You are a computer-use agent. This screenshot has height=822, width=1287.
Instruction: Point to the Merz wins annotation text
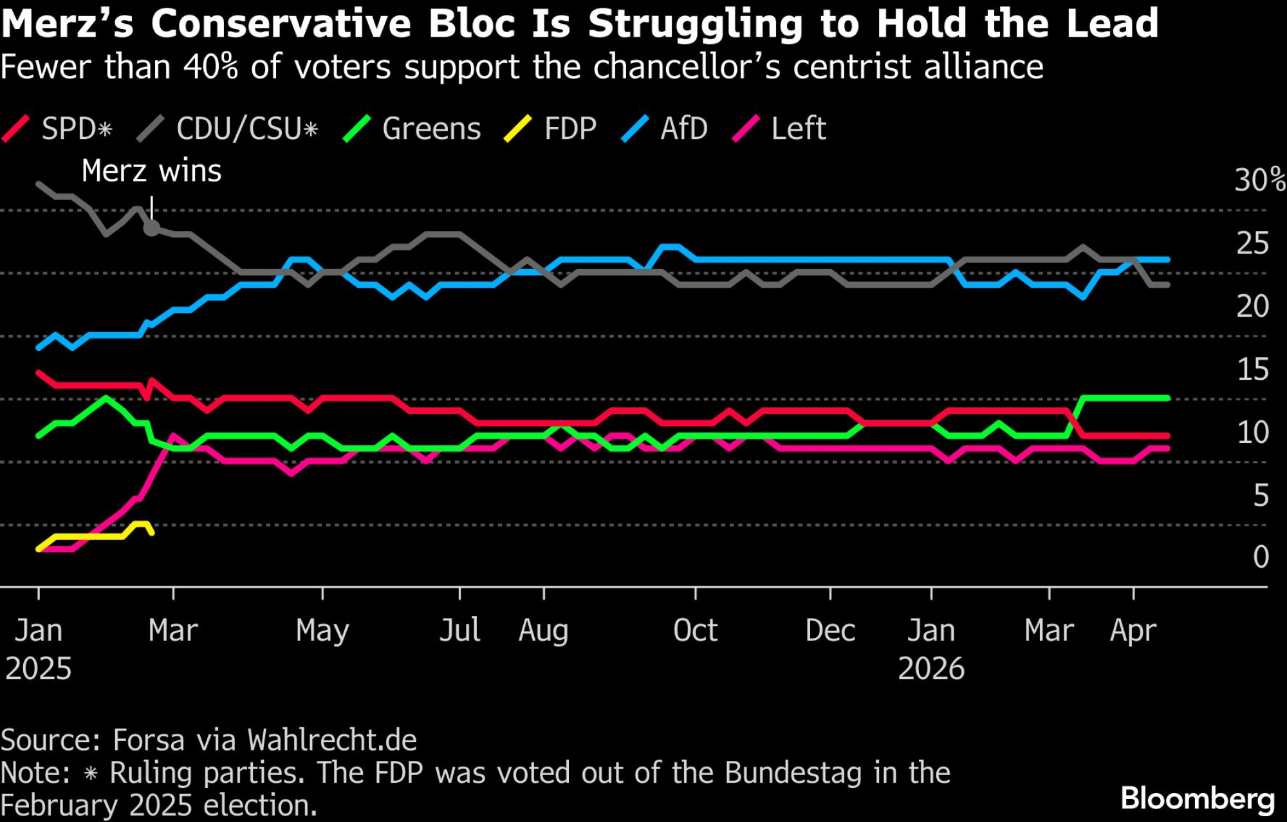click(151, 171)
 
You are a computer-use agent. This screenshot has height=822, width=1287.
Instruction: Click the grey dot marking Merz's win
click(151, 228)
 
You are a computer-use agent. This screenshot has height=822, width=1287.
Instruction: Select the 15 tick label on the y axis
click(1252, 369)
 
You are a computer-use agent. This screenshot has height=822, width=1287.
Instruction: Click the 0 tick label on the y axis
click(1261, 557)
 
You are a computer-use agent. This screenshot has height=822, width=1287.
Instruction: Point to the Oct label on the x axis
click(695, 630)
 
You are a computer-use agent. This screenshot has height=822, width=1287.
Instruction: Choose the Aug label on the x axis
click(544, 630)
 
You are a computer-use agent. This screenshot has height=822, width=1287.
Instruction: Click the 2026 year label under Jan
click(931, 669)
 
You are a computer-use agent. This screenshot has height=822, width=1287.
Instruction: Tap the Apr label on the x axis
click(1133, 630)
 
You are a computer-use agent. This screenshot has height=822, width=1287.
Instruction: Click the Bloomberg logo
click(1198, 799)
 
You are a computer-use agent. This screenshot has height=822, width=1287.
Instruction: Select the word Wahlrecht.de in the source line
click(332, 740)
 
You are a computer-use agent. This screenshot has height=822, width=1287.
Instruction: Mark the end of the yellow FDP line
click(152, 533)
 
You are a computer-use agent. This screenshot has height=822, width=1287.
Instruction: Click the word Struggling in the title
click(696, 24)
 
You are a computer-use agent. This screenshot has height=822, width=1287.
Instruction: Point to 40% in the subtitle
click(210, 67)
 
